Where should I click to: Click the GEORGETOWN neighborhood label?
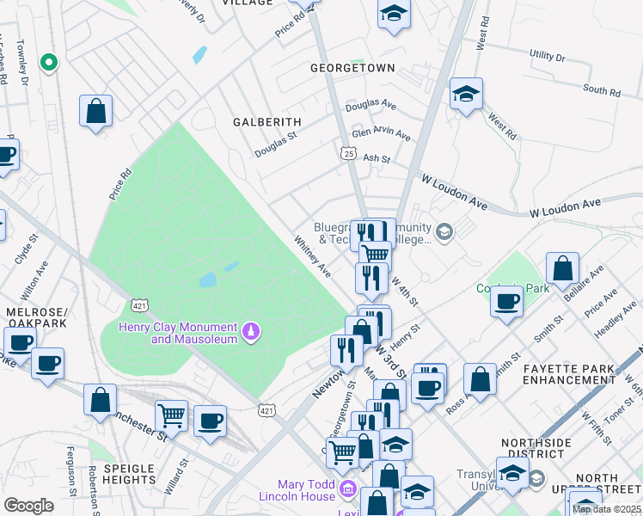point(352,68)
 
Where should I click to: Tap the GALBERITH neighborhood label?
point(267,123)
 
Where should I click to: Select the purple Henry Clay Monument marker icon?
point(251,330)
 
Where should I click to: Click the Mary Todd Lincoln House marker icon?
point(347,489)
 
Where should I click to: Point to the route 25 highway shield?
point(346,152)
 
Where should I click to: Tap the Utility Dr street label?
point(548,57)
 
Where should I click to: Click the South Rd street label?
point(601,90)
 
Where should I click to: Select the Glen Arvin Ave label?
point(381,135)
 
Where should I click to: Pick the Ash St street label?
point(377,159)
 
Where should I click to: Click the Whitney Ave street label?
point(313,257)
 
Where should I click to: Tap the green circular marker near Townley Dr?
point(49,62)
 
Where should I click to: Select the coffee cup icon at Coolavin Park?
point(507,302)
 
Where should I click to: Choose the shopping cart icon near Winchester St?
point(171,415)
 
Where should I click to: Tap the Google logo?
point(28,506)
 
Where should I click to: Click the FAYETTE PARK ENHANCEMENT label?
point(569,374)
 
